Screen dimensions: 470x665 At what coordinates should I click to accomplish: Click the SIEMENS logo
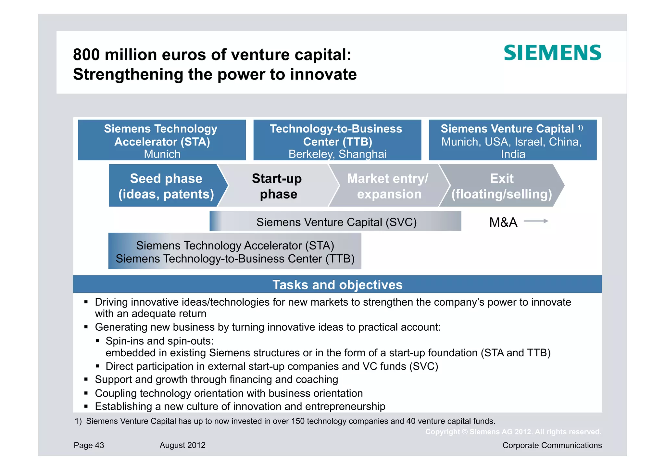pos(552,53)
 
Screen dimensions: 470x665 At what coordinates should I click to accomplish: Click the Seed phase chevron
pos(166,186)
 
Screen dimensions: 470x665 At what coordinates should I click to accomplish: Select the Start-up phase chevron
pos(277,186)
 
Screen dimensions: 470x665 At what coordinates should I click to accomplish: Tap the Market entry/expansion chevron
pos(388,186)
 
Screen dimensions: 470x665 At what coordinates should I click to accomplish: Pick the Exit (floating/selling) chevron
pos(502,186)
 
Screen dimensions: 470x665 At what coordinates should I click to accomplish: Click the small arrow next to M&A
pos(536,221)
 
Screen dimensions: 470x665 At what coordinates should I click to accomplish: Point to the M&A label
pos(503,222)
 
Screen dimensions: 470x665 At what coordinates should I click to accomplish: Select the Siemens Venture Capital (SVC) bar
pos(336,222)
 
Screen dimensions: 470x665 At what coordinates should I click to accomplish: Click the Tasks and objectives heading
pos(337,285)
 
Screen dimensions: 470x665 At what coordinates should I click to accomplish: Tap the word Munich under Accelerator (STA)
pos(162,154)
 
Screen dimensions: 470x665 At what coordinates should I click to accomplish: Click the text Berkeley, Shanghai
pos(337,154)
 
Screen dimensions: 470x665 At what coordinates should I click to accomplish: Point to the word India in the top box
pos(513,154)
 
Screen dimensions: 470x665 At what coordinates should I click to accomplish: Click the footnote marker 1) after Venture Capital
pos(580,128)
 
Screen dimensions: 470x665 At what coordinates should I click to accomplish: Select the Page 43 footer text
pos(89,445)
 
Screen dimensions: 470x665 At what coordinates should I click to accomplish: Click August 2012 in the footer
pos(182,445)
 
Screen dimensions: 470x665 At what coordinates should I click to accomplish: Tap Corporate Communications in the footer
pos(552,445)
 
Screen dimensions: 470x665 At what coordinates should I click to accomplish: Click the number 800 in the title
pos(86,55)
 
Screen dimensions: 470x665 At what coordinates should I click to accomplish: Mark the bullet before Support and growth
pos(86,379)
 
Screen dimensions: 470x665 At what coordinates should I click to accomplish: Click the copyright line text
pos(513,432)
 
